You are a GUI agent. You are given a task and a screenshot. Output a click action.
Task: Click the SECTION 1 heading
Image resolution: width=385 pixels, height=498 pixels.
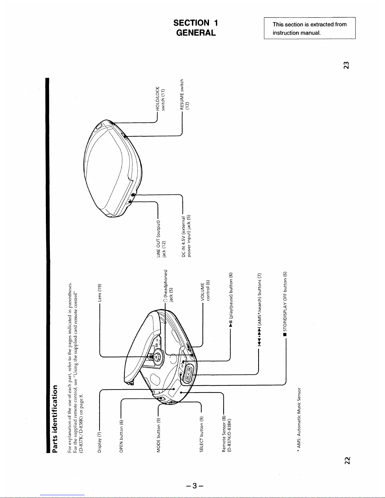[195, 23]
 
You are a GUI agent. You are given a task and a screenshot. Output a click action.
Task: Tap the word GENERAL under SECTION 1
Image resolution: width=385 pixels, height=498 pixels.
[196, 33]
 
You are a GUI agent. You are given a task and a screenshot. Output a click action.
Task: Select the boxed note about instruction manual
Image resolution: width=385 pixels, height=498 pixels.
[310, 28]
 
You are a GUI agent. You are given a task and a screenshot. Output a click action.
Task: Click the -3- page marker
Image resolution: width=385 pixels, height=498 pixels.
[195, 485]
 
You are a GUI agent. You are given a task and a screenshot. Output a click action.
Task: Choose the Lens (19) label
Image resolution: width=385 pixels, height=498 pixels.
[100, 293]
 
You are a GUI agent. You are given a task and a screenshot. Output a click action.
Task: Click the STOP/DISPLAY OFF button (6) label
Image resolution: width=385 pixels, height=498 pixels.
[285, 301]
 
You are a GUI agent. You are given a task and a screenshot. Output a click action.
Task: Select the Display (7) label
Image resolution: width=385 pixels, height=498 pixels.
[100, 442]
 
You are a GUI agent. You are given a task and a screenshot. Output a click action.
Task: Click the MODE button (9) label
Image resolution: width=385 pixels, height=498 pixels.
[159, 435]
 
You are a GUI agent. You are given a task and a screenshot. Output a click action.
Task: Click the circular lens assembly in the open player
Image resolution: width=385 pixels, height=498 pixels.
[156, 357]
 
